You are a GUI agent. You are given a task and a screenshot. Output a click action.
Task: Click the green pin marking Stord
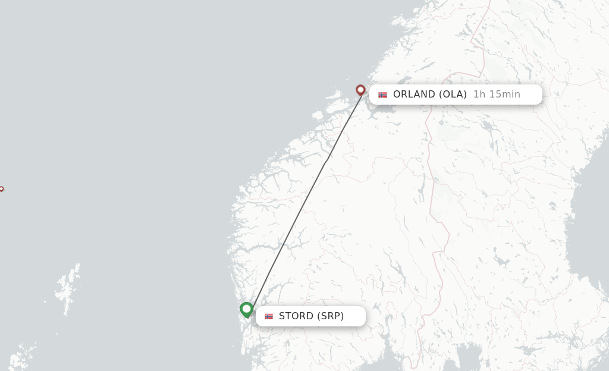pyautogui.click(x=246, y=309)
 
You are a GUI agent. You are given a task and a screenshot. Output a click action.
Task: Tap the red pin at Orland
pyautogui.click(x=360, y=90)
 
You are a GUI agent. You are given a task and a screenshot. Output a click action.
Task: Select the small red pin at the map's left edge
pyautogui.click(x=1, y=189)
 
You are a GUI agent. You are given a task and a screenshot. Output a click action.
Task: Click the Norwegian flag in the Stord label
pyautogui.click(x=269, y=316)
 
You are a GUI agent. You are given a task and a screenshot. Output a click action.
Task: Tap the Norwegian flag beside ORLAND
pyautogui.click(x=382, y=95)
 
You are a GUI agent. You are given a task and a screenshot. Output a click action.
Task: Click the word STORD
pyautogui.click(x=296, y=316)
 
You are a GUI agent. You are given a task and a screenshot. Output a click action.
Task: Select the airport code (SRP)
pyautogui.click(x=330, y=316)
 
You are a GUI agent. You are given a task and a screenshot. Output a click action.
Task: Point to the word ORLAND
pyautogui.click(x=415, y=94)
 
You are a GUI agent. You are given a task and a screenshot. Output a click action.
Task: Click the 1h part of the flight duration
pyautogui.click(x=479, y=94)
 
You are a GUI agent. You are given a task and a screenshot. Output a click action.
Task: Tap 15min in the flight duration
pyautogui.click(x=505, y=94)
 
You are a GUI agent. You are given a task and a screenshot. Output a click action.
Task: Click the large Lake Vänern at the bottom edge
pyautogui.click(x=470, y=357)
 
